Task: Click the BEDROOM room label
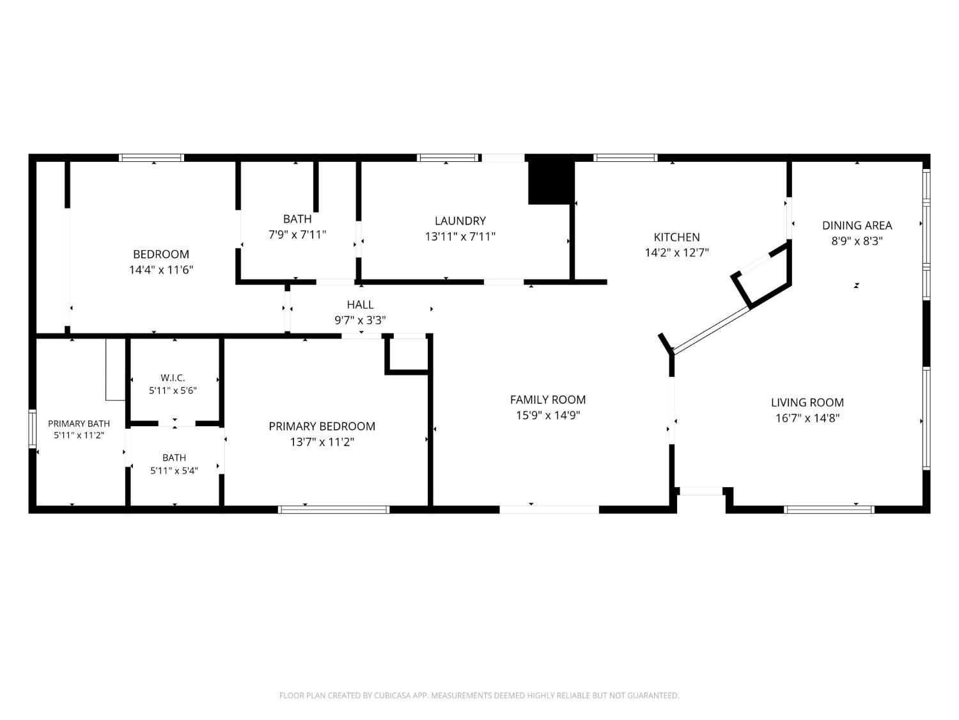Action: (x=160, y=254)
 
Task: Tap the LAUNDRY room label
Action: (x=460, y=221)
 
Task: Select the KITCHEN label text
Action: (x=677, y=237)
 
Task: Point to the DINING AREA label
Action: (x=857, y=225)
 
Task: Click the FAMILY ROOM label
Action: (x=548, y=399)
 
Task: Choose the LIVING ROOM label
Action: (x=807, y=403)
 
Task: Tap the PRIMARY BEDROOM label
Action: (x=322, y=426)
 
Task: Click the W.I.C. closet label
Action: (x=173, y=378)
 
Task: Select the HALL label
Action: (x=361, y=305)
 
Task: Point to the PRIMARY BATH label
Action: (x=79, y=424)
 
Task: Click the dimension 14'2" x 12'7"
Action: (x=677, y=253)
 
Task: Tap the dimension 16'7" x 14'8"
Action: (x=807, y=419)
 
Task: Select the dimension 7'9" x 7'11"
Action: (x=297, y=235)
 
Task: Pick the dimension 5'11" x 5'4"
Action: (x=174, y=471)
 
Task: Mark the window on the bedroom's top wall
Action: (x=152, y=158)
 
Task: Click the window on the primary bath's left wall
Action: (x=33, y=429)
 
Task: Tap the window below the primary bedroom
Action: (x=334, y=509)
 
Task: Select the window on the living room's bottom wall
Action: (x=829, y=509)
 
